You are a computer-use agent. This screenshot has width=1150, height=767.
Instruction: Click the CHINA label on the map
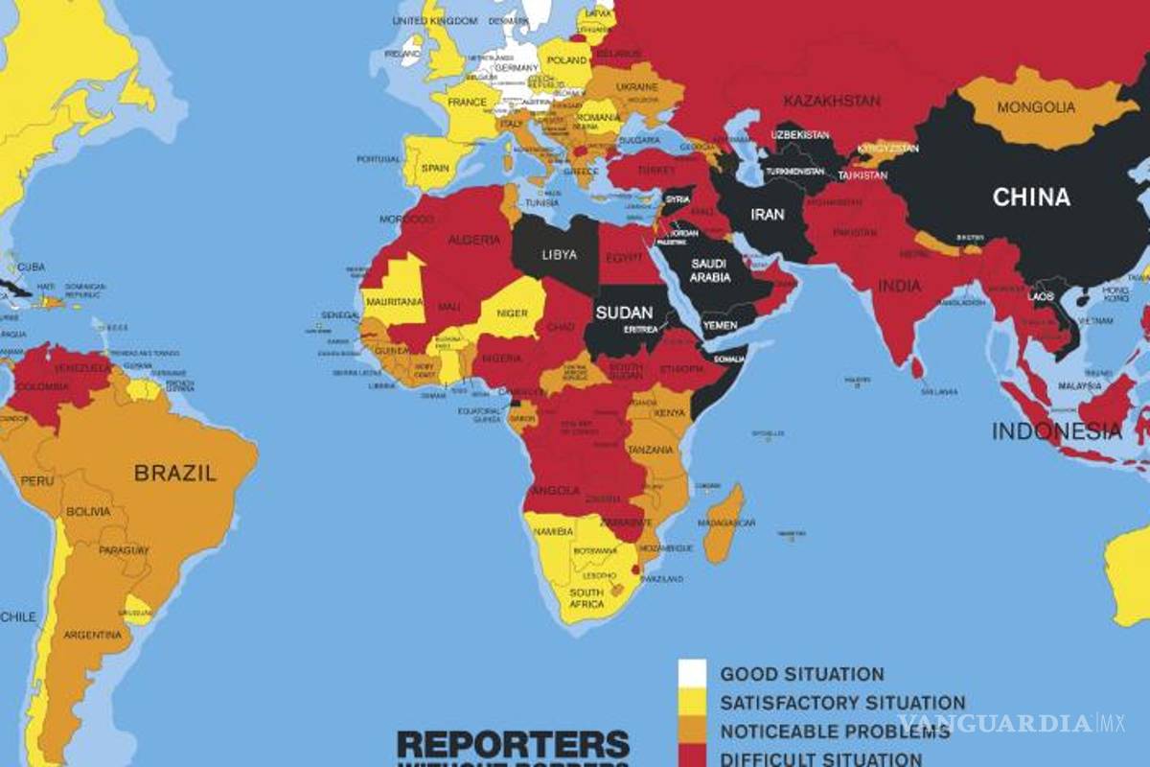click(1031, 198)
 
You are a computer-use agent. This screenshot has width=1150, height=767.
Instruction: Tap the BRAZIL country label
click(175, 472)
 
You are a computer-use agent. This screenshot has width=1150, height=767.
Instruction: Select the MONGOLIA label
click(1036, 107)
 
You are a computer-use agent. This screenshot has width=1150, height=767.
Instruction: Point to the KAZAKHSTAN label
click(831, 100)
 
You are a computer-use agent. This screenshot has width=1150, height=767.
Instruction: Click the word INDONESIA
click(1056, 431)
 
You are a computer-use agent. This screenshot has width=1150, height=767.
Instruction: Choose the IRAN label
click(767, 216)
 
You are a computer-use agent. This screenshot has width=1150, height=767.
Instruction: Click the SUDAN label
click(624, 313)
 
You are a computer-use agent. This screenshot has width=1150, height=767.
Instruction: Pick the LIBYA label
click(559, 254)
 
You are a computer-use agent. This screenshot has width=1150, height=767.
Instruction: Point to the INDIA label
click(899, 286)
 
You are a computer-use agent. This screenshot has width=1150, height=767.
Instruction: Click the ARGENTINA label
click(92, 635)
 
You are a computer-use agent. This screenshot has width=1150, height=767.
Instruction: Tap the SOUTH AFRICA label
click(586, 597)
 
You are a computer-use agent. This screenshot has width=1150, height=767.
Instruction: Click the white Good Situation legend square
click(692, 673)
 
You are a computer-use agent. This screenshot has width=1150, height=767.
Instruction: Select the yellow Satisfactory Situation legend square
click(692, 703)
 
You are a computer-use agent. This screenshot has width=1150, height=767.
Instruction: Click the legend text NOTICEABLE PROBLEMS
click(835, 732)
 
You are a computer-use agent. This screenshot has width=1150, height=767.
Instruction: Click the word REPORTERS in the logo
click(513, 745)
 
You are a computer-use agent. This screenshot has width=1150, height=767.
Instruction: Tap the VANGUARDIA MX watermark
click(1020, 722)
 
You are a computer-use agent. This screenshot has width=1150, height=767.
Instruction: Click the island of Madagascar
click(725, 522)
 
